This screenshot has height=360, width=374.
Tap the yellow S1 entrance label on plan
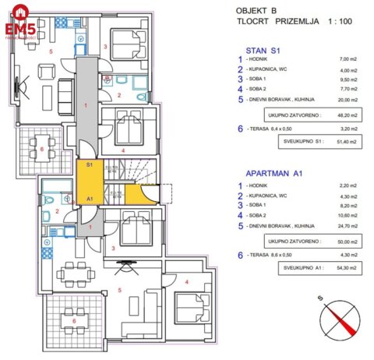coord(90,165)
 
